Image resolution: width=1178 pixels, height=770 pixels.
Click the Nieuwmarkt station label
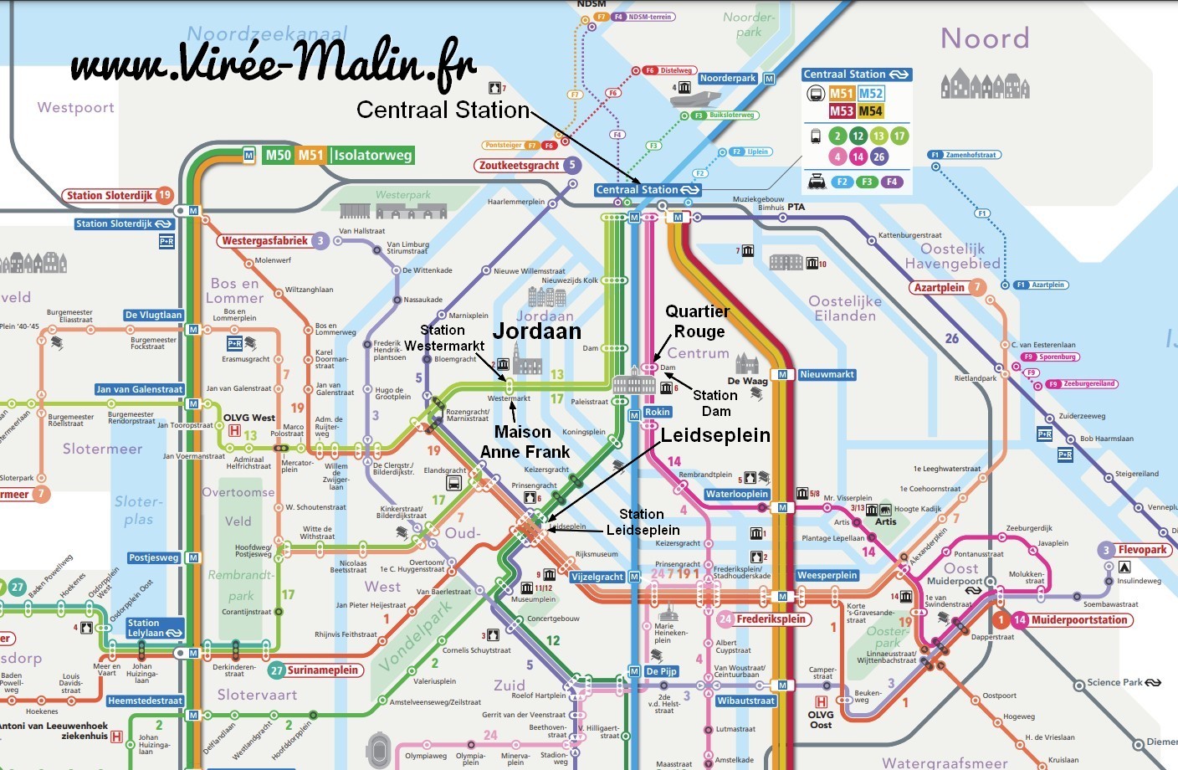(827, 374)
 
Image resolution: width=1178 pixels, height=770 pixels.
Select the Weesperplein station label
(827, 575)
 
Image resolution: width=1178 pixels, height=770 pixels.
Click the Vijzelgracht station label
(597, 577)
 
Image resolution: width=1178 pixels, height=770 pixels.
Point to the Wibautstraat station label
(745, 701)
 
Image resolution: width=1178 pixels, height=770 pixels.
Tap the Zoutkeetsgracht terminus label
(519, 165)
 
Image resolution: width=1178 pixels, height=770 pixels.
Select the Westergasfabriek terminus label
(265, 241)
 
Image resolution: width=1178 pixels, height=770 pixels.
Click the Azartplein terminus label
(939, 287)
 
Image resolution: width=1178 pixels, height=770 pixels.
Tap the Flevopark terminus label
(1142, 550)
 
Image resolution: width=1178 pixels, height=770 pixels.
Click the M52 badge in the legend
(871, 94)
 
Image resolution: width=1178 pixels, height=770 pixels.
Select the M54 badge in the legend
(870, 111)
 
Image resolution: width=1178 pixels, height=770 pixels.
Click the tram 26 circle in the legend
(878, 157)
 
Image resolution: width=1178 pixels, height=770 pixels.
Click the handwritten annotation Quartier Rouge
(698, 321)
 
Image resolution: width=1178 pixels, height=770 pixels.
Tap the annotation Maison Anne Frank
(525, 442)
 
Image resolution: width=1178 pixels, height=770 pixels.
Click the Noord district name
(985, 38)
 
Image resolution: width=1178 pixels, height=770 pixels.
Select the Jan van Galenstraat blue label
(139, 389)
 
